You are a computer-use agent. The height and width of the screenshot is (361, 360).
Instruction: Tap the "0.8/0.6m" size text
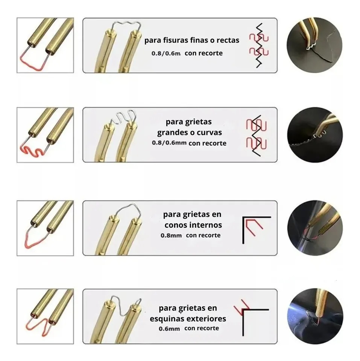[166, 53]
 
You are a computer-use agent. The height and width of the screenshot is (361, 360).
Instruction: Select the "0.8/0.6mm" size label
[169, 143]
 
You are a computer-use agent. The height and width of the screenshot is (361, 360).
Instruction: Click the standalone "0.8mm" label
[171, 236]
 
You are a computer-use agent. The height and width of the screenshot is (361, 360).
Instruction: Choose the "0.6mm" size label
[169, 329]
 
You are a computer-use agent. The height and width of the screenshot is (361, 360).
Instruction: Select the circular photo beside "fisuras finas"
[314, 45]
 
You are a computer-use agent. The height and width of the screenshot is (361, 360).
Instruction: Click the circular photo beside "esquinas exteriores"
[315, 316]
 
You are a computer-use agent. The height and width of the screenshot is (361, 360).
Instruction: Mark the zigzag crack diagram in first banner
[259, 46]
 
